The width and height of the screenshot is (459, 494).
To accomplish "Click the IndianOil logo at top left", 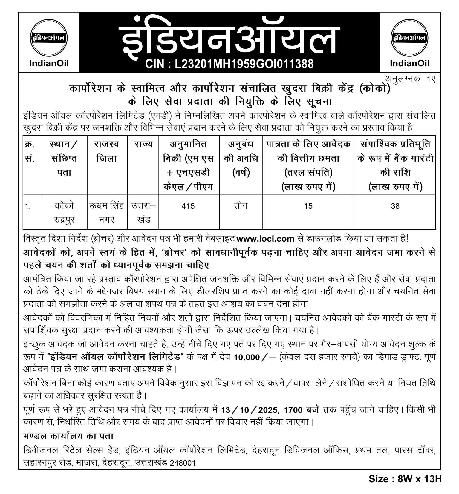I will click(49, 42).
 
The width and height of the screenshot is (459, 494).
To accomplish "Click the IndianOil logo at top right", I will click(409, 42).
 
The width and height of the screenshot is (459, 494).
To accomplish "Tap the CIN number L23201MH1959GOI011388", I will click(229, 64).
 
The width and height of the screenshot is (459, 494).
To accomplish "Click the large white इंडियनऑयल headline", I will click(229, 39).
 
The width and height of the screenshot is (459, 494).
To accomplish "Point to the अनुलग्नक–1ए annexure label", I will click(410, 79).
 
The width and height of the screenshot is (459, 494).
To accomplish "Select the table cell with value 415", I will click(188, 206).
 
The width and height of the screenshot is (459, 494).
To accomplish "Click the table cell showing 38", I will click(395, 206).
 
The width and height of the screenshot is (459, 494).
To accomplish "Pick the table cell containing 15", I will click(308, 206).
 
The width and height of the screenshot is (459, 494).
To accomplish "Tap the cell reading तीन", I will click(241, 206).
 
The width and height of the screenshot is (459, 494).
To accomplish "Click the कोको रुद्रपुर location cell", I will click(64, 213).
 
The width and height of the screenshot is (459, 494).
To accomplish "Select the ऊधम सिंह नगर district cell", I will click(107, 213).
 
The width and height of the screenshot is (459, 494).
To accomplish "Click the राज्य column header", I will click(143, 144).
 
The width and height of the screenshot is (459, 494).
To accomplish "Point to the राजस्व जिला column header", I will click(107, 151).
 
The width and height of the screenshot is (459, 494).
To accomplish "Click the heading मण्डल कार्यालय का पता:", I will click(69, 436).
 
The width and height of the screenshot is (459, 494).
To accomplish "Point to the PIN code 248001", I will click(183, 463).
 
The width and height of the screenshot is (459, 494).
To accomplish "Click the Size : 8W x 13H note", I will click(405, 479).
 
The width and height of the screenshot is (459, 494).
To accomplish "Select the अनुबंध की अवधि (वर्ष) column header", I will click(241, 158).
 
